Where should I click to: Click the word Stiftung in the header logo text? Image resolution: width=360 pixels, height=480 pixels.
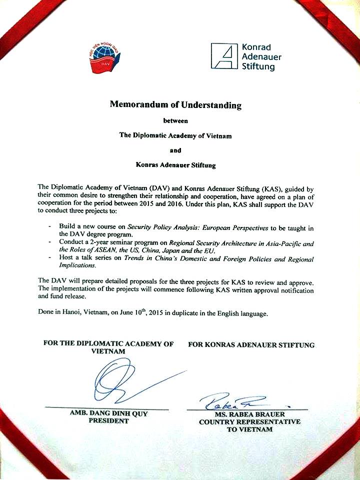tap(258, 66)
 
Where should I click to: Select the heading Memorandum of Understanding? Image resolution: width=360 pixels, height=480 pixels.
tap(175, 105)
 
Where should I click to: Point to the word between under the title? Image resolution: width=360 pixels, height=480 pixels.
tap(175, 120)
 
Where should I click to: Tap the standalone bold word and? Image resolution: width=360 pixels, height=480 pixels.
tap(175, 149)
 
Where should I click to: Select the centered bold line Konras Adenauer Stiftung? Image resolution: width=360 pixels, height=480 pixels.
tap(175, 164)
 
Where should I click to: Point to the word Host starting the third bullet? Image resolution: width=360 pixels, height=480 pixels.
tap(66, 259)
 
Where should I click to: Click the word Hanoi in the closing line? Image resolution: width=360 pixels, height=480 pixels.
tap(73, 313)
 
